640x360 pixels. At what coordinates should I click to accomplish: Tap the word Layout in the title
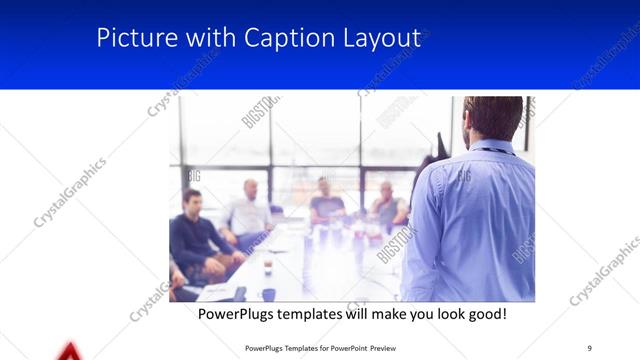click(377, 38)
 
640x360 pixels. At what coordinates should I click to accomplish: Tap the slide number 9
click(590, 347)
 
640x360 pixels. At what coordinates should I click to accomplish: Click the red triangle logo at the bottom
click(68, 351)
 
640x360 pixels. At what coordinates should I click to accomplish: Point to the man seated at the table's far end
click(326, 200)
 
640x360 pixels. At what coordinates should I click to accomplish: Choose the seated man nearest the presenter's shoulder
click(388, 205)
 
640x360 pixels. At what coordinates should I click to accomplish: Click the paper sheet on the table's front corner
click(215, 291)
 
